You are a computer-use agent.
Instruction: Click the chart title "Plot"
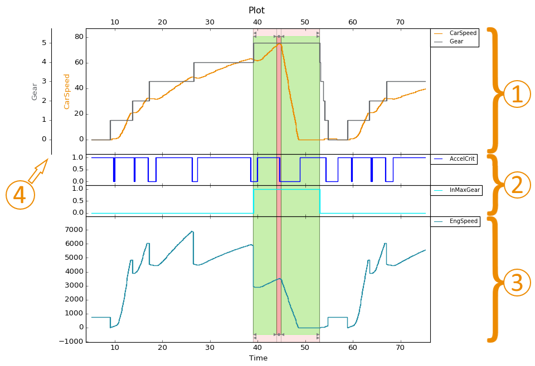(256, 10)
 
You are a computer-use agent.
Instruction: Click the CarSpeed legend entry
(455, 33)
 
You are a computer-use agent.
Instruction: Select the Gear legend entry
(448, 42)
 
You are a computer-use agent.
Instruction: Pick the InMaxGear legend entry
(457, 190)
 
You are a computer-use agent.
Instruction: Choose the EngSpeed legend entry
(455, 221)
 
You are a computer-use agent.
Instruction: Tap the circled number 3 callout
(517, 282)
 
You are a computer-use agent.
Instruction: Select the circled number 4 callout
(20, 195)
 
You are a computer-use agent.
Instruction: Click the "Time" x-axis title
(258, 358)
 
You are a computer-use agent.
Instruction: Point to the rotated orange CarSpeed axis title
(66, 92)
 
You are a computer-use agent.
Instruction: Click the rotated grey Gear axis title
(35, 92)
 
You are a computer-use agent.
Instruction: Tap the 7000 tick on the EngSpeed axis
(74, 230)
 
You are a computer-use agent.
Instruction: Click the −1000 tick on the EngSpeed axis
(71, 342)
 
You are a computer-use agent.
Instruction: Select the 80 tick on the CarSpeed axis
(79, 37)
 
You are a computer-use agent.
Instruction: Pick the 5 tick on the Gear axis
(44, 43)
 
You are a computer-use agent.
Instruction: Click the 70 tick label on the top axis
(400, 22)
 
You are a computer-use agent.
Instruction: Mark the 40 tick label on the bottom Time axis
(257, 348)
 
